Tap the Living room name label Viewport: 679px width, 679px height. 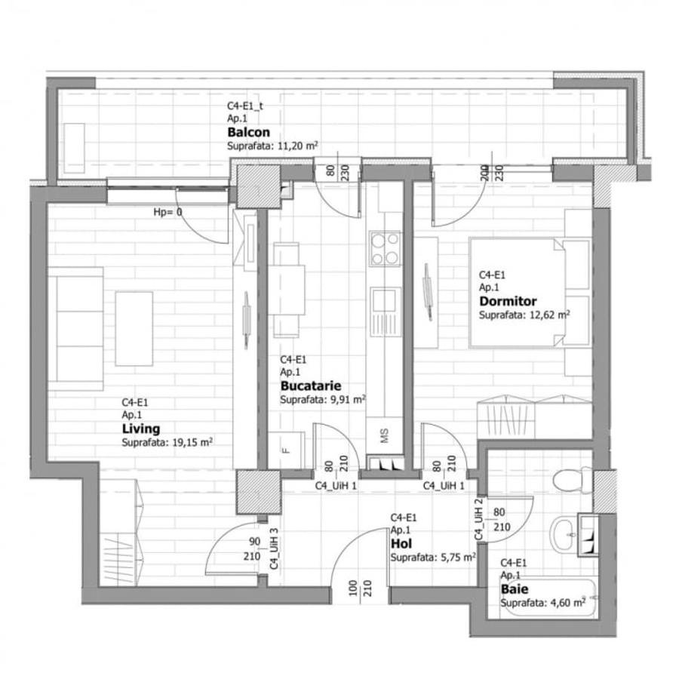(x=140, y=429)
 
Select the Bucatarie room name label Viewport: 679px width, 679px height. (x=305, y=386)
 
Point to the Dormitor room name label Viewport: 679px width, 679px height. (x=508, y=302)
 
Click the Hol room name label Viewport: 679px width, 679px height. (x=400, y=543)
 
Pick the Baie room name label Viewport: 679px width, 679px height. (x=513, y=588)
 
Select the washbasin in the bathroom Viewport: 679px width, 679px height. (x=564, y=533)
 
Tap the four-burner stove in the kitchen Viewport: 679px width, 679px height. (x=385, y=248)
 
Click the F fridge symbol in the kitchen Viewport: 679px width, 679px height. (x=287, y=450)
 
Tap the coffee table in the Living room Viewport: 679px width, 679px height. (x=134, y=328)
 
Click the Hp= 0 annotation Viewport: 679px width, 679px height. (x=168, y=212)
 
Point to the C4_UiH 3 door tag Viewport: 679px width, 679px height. (x=275, y=548)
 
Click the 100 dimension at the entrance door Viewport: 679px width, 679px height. (x=353, y=586)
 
